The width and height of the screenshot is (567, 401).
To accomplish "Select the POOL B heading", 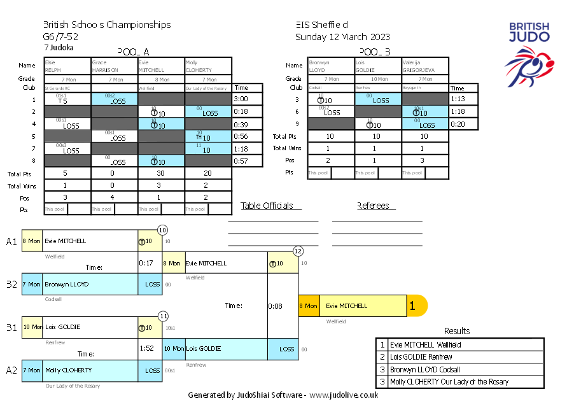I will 374,52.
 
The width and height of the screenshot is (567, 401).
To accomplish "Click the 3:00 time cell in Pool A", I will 241,99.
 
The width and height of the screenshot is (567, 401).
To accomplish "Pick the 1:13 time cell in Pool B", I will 458,99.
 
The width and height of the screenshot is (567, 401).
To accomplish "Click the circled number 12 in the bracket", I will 298,251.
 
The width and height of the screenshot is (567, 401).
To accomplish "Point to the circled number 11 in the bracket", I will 163,315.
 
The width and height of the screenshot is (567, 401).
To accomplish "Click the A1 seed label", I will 11,241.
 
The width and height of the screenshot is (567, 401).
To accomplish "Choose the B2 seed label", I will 11,284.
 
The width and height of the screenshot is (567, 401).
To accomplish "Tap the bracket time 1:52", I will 147,349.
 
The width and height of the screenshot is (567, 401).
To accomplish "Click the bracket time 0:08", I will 274,306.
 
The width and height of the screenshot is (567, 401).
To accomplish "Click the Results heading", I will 457,331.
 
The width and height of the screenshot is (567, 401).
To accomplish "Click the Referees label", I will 375,206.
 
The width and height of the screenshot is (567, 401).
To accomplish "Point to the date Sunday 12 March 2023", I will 342,37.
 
